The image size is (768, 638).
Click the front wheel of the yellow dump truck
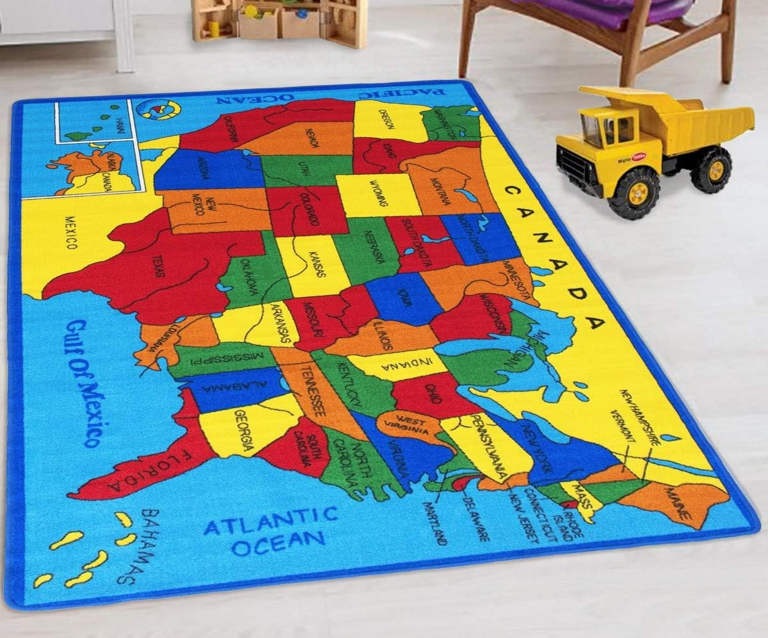click(633, 193)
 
